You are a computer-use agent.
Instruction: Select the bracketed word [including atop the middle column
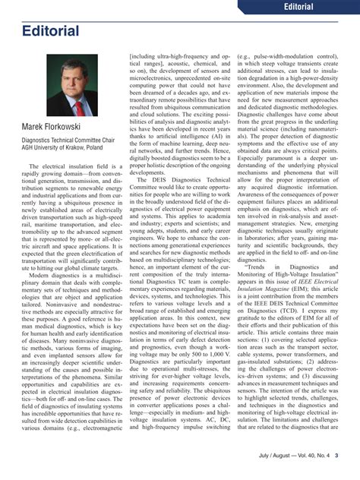tap(147, 56)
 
